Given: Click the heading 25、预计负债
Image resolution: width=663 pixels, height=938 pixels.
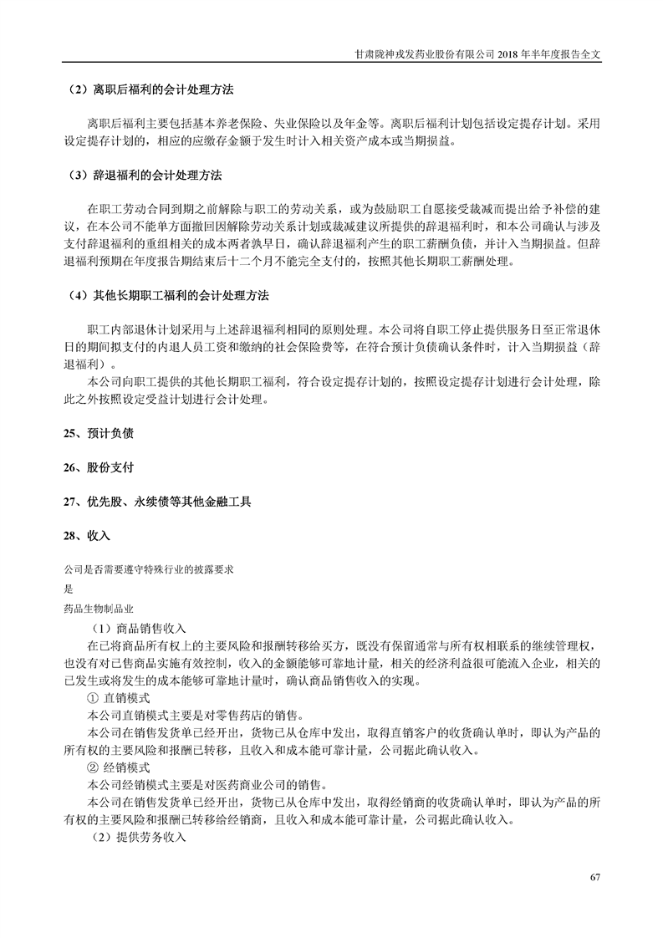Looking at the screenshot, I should coord(99,434).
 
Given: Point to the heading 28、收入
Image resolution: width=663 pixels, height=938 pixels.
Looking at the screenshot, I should coord(87,535).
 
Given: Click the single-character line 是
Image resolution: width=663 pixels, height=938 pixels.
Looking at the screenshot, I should coord(68,588).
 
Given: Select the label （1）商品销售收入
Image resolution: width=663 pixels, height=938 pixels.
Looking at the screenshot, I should coord(139,628).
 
